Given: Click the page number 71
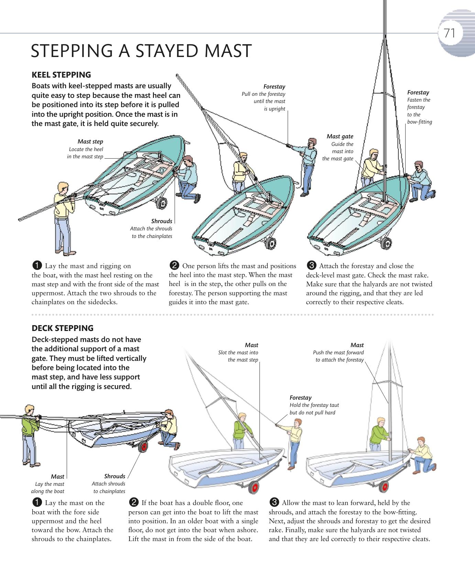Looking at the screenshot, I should pos(449,33).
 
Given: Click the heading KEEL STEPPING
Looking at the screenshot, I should pos(61,75).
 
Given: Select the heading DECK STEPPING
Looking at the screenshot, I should pos(62,328).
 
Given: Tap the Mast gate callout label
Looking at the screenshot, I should pos(340,136).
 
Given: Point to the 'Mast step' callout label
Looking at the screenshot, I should pos(90,141).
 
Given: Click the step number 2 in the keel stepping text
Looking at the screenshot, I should pos(174,266).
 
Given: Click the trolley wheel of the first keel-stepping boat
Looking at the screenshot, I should pos(161,203).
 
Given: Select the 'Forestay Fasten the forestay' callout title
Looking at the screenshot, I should pos(418,92).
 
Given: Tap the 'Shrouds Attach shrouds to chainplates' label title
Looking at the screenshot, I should pos(114,476).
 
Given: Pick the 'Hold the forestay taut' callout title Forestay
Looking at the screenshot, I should pos(300,398).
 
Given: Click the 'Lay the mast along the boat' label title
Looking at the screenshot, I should pos(57,477).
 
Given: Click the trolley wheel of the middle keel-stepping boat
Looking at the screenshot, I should pos(270,244).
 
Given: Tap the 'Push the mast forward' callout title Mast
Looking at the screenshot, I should pos(357,345).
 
